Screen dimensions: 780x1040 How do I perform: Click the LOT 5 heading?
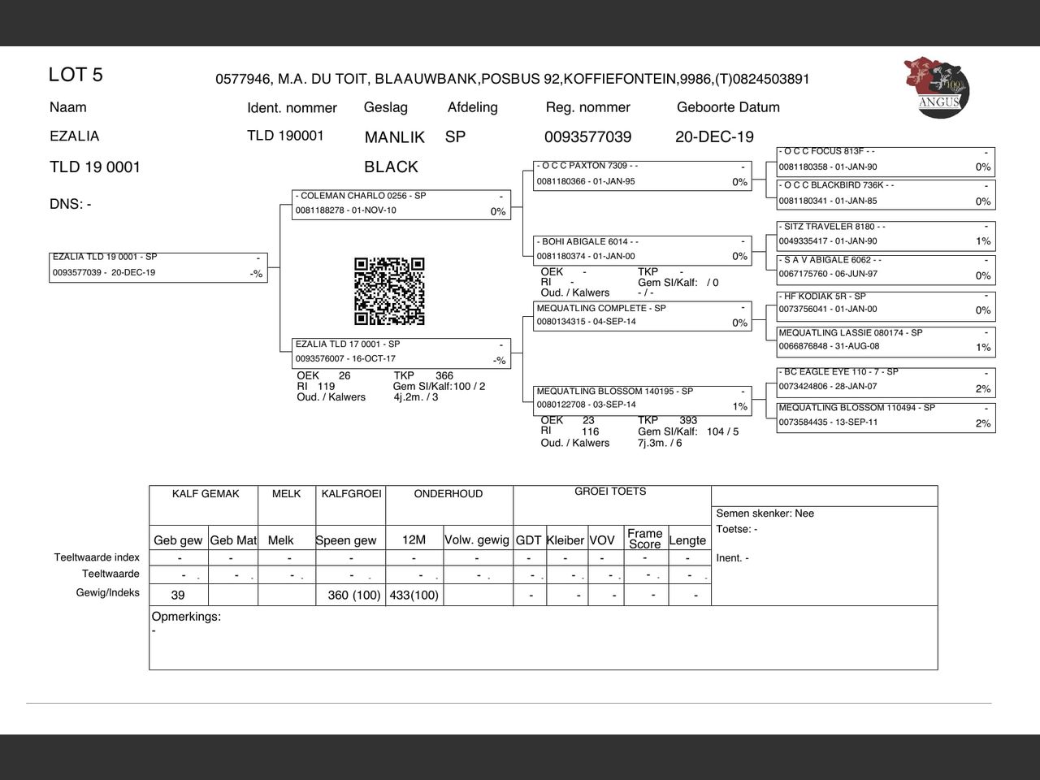click(76, 75)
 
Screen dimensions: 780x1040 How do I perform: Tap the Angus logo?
click(937, 86)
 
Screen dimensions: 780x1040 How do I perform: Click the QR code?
click(389, 291)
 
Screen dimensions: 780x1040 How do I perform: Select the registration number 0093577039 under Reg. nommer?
click(587, 137)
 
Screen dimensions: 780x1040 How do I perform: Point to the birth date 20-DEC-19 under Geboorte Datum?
click(714, 137)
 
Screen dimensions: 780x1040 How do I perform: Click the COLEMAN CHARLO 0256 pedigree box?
click(401, 204)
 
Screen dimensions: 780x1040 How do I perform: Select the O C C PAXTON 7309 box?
click(642, 175)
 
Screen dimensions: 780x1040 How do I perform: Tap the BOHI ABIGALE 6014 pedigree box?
click(642, 249)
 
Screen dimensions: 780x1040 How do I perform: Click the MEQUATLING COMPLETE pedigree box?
click(642, 315)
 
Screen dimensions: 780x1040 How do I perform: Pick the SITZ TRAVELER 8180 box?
click(886, 235)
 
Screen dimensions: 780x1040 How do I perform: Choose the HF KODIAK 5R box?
click(886, 304)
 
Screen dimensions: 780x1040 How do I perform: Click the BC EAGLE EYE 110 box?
click(886, 380)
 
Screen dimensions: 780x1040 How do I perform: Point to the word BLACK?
click(391, 167)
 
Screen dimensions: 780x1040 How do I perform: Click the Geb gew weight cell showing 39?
click(178, 596)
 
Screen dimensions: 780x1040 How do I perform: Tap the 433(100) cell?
click(414, 596)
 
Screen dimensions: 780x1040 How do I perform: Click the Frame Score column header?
click(644, 539)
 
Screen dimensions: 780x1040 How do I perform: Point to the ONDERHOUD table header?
click(448, 494)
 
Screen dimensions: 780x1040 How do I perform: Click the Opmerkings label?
click(186, 617)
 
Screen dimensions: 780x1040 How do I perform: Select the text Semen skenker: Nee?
click(765, 513)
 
